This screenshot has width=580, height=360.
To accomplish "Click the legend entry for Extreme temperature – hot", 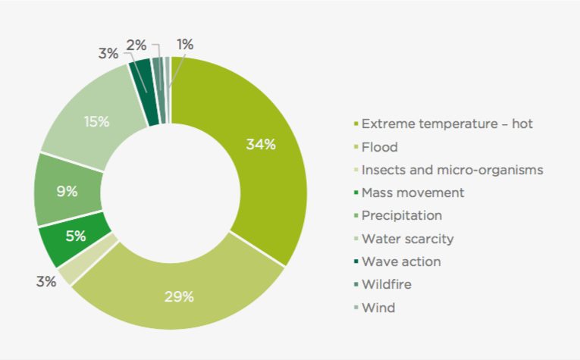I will (447, 124).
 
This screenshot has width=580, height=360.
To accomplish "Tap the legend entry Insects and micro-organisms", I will (452, 170).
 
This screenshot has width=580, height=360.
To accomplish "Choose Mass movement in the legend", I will (412, 193).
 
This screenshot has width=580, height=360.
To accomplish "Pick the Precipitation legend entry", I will (412, 216).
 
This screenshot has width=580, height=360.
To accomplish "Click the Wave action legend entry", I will (401, 261).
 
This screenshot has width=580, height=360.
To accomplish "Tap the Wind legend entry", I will (378, 308).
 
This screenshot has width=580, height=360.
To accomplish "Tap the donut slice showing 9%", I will (67, 191).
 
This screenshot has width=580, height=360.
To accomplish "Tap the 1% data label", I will (184, 45).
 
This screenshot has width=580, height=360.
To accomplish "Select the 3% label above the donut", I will (108, 53).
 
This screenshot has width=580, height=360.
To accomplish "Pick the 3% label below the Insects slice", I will (46, 281).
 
